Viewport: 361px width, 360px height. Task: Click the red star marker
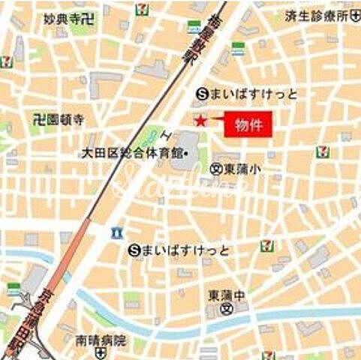pos(200,121)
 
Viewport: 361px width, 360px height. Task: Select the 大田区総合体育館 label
pos(133,154)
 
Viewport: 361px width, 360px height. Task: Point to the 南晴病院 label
pos(101,340)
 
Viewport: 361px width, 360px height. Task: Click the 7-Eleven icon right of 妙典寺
pos(141,9)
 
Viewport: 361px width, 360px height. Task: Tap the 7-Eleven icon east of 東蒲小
pos(322,151)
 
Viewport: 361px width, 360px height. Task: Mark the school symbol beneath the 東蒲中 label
pos(221,307)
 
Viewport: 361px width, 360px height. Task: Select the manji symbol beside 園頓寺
pos(39,118)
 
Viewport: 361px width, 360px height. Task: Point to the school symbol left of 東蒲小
pos(216,169)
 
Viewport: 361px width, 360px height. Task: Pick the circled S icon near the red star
pos(200,94)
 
